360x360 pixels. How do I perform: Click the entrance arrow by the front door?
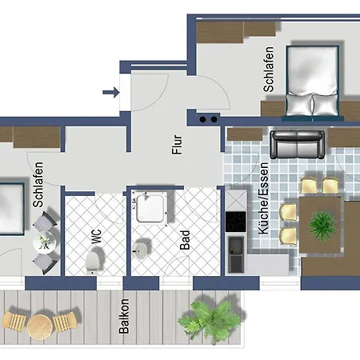pos(111,92)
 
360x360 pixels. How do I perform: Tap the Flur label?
pos(177,145)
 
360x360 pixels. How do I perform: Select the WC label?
pos(97,236)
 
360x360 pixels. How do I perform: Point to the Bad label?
pos(185,240)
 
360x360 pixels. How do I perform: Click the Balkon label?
pos(124,316)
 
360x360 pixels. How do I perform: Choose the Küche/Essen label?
pos(263,198)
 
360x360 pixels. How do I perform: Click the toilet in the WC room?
pos(93,262)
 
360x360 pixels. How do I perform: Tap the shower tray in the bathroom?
pos(150,209)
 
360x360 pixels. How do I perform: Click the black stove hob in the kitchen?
pos(235,222)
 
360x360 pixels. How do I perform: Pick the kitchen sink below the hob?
pos(236,254)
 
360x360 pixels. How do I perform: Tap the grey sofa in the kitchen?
pos(297,144)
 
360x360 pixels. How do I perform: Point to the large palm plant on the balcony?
pos(210,321)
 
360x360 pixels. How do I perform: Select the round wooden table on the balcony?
pos(40,327)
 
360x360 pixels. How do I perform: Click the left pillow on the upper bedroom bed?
pos(298,104)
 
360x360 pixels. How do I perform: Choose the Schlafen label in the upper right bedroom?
pos(268,70)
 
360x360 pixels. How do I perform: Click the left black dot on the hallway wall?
pos(202,119)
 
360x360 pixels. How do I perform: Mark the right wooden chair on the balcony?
pos(66,322)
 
